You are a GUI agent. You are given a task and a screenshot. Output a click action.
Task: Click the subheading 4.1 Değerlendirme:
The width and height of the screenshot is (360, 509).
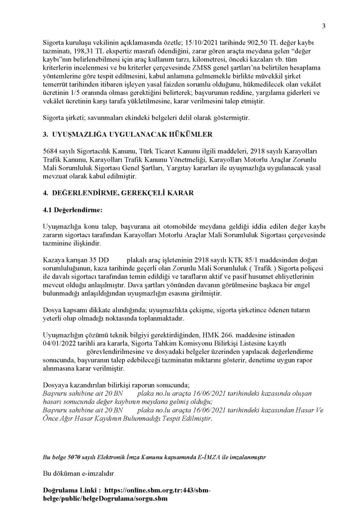[72, 210]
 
